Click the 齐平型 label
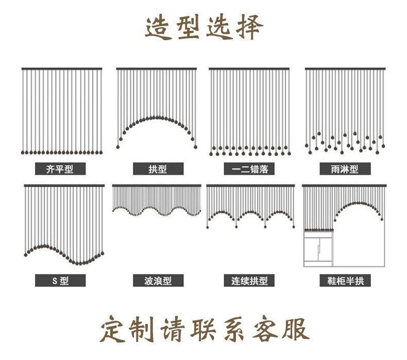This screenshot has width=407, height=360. pos(60,169)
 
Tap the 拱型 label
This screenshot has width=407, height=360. pos(158,169)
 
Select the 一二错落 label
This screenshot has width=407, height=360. pos(249,169)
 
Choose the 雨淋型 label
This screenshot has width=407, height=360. pos(345,169)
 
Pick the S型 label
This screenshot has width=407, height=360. pos(60,281)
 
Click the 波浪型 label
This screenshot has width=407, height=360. pos(158,281)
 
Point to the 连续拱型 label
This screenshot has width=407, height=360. pos(249,281)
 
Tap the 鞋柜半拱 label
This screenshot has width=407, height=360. pos(345,281)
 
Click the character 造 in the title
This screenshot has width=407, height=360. pos(158,27)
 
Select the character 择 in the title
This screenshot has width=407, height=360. pos(250,27)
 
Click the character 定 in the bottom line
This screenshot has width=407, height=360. pos(113,329)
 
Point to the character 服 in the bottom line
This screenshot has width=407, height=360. pos(295,329)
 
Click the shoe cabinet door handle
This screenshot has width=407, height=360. pos(318,249)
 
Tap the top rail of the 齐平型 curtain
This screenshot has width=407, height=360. pos(62,69)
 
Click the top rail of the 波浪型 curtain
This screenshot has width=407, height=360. pos(157,185)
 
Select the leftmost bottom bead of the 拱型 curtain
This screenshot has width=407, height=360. pos(118,147)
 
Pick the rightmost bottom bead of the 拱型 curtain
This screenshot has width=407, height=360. pos(195,147)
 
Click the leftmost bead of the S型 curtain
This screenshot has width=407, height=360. pos(26,255)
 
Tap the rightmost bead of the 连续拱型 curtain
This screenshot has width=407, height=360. pos(294,227)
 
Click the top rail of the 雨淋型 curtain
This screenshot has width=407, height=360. pos(345,69)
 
